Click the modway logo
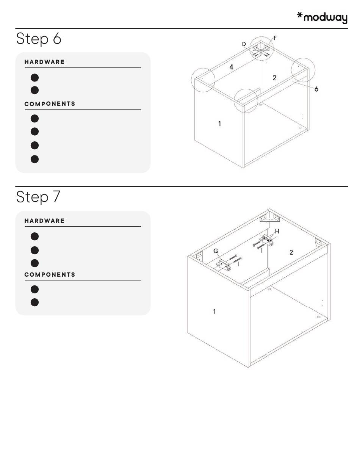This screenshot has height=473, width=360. click(x=322, y=18)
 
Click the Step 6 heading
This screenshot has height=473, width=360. click(x=39, y=39)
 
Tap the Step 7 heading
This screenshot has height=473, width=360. click(x=38, y=197)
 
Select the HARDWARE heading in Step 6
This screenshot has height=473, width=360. click(x=44, y=62)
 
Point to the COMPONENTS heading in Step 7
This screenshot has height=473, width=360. click(x=50, y=274)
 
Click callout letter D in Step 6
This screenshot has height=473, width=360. click(x=244, y=44)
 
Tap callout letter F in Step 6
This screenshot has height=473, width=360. click(x=275, y=38)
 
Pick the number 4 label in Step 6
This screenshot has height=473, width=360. click(x=231, y=67)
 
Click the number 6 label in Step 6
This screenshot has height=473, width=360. click(x=316, y=89)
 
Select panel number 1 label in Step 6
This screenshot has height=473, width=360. click(x=219, y=124)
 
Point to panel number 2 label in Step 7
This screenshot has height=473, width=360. click(x=291, y=252)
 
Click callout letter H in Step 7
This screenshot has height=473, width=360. click(x=277, y=231)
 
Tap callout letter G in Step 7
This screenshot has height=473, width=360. click(x=216, y=251)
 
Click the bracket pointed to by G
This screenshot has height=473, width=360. click(x=224, y=265)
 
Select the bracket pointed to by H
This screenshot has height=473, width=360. click(x=268, y=241)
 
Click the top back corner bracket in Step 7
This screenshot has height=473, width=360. click(x=270, y=218)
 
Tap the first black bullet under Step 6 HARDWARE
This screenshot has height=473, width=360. click(x=35, y=78)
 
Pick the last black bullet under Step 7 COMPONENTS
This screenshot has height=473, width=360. click(x=35, y=302)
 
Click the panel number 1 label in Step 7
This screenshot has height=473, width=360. click(x=214, y=312)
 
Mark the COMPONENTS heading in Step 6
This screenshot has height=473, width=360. click(x=50, y=104)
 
